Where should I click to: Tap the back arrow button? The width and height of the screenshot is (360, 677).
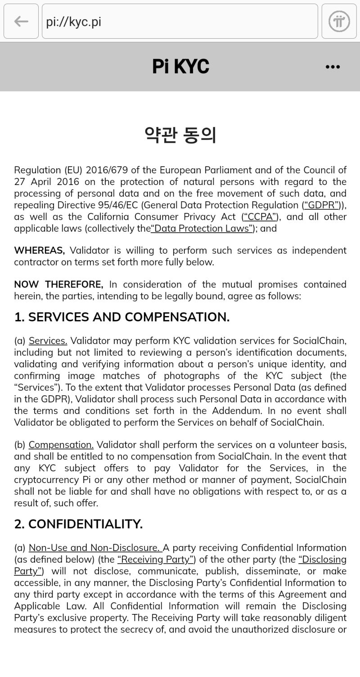coord(21,21)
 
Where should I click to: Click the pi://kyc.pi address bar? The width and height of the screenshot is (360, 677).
coord(180,21)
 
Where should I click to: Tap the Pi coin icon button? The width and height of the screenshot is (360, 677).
coord(339,21)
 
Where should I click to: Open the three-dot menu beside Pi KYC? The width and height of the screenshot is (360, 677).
coord(333,67)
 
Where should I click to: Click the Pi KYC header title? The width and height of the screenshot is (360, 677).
coord(180,67)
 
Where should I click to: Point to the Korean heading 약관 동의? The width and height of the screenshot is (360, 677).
coord(180,135)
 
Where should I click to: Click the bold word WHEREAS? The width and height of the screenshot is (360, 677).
coord(40,250)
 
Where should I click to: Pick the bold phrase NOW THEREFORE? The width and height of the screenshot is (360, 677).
coord(58,284)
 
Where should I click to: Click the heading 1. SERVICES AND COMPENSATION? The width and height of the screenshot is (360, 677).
coord(122,317)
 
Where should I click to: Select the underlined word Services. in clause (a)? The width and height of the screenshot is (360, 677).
coord(48,341)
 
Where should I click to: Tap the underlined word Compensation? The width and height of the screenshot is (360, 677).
coord(61,445)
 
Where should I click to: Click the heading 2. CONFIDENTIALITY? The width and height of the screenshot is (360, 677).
coord(78,524)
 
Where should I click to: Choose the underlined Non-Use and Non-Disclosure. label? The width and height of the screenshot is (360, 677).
coord(94,548)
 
